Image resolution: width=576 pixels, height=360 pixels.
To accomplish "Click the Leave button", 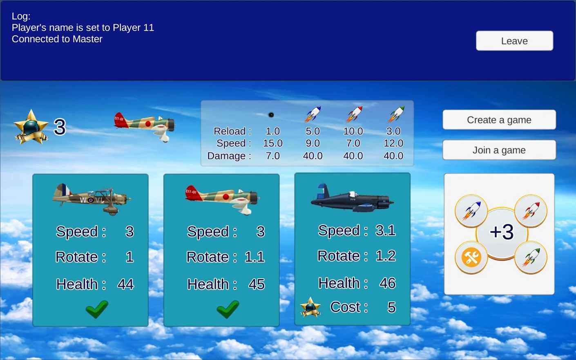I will (x=514, y=41).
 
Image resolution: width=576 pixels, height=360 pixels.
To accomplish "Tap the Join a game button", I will (x=499, y=150).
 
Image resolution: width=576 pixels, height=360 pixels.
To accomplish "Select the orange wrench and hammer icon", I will (x=471, y=258).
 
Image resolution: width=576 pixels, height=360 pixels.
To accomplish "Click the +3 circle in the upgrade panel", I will (x=502, y=232).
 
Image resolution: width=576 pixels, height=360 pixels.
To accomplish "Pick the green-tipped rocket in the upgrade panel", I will (x=531, y=257).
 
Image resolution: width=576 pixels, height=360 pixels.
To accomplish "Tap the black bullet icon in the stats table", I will (x=271, y=115).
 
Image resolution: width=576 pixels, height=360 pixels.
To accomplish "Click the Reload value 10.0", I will (x=353, y=131).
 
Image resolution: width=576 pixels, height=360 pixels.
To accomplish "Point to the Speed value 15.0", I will (x=272, y=143).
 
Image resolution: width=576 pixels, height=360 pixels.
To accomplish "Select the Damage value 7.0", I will (x=272, y=156).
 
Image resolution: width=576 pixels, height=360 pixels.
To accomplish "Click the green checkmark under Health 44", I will (x=97, y=309).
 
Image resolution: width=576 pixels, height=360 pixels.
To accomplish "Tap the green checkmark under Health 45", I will (x=228, y=309).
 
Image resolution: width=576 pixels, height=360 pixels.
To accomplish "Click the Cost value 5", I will (x=391, y=307).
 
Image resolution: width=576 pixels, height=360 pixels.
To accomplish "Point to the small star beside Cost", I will (x=310, y=307).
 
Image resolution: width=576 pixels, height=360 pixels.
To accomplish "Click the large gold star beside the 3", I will (x=31, y=127).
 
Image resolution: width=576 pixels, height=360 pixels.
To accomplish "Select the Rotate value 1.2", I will (x=385, y=256).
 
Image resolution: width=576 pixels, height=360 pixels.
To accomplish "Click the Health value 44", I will (x=125, y=284).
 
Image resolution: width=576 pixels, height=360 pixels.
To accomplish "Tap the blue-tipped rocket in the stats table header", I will (x=313, y=114).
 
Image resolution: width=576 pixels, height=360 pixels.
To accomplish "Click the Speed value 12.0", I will (x=393, y=143).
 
